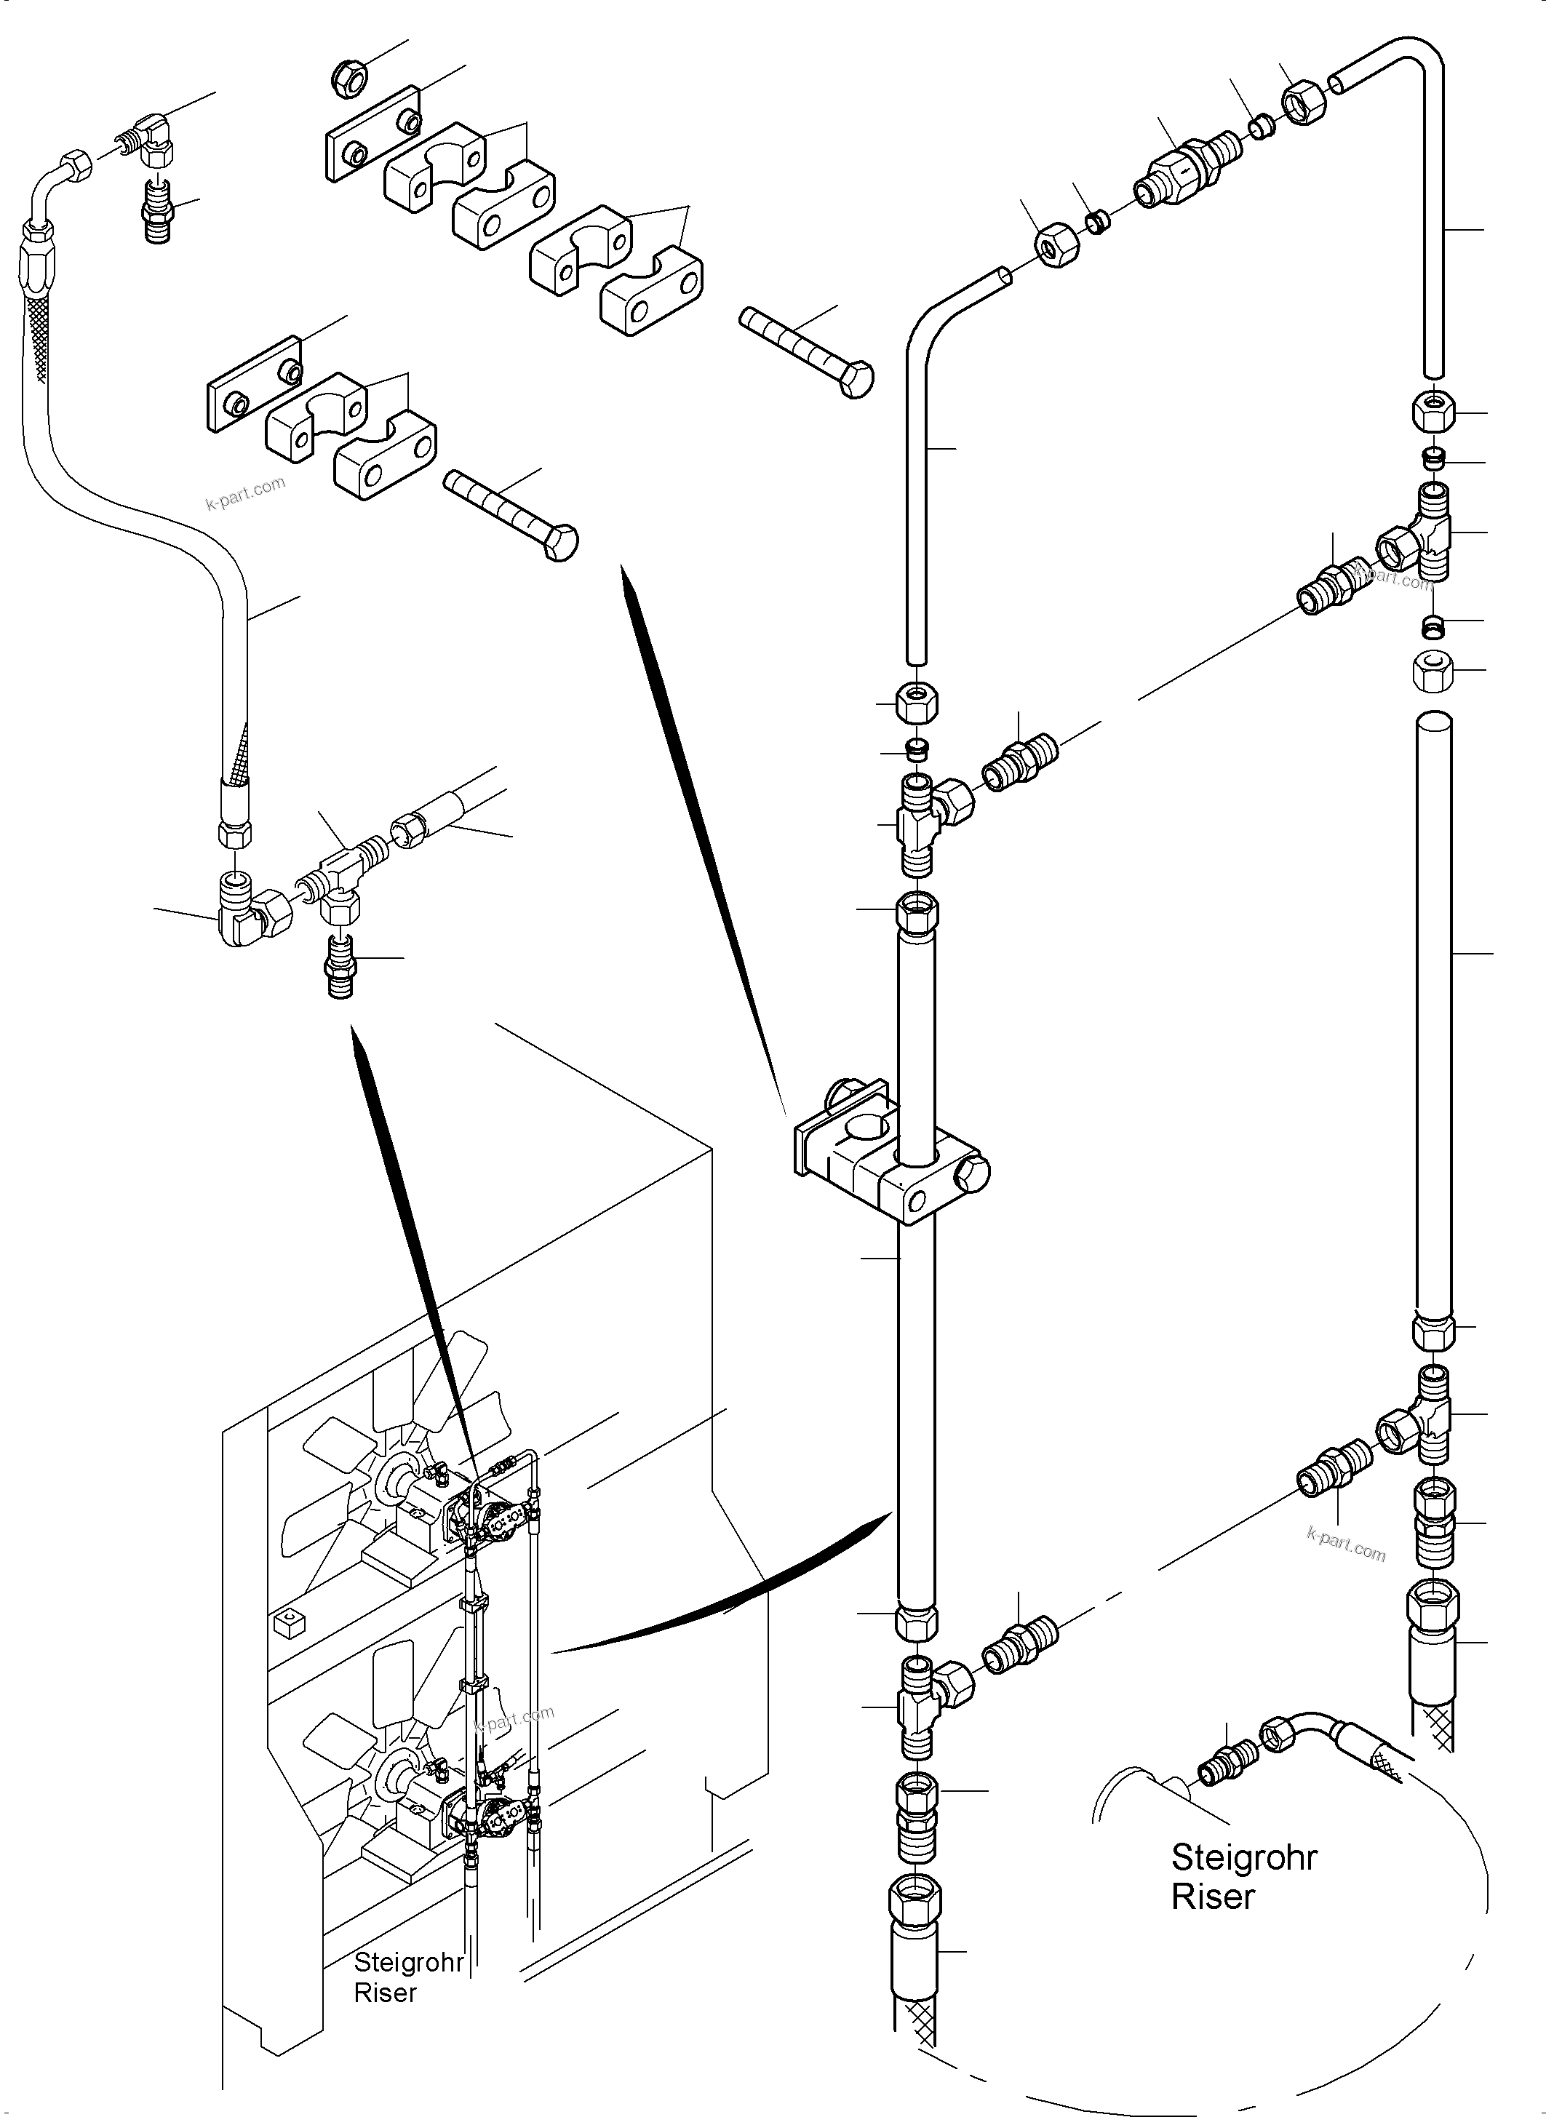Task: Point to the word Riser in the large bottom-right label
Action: (1212, 1897)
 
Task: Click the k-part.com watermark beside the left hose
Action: (245, 493)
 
